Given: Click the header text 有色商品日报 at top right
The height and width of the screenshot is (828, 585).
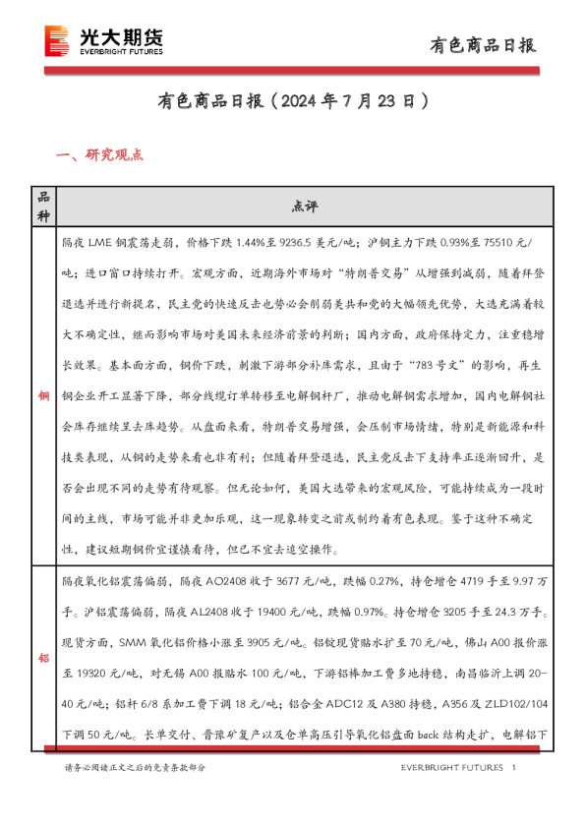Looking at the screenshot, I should (x=484, y=45).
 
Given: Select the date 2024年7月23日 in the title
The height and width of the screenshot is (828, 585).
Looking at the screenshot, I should (x=349, y=101).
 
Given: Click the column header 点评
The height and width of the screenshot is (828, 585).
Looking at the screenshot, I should (x=305, y=207).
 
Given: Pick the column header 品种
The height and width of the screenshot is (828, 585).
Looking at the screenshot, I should (x=43, y=207).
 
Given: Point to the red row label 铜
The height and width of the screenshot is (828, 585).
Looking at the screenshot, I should (x=43, y=396).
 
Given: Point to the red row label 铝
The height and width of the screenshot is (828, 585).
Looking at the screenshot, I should (x=43, y=658).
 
